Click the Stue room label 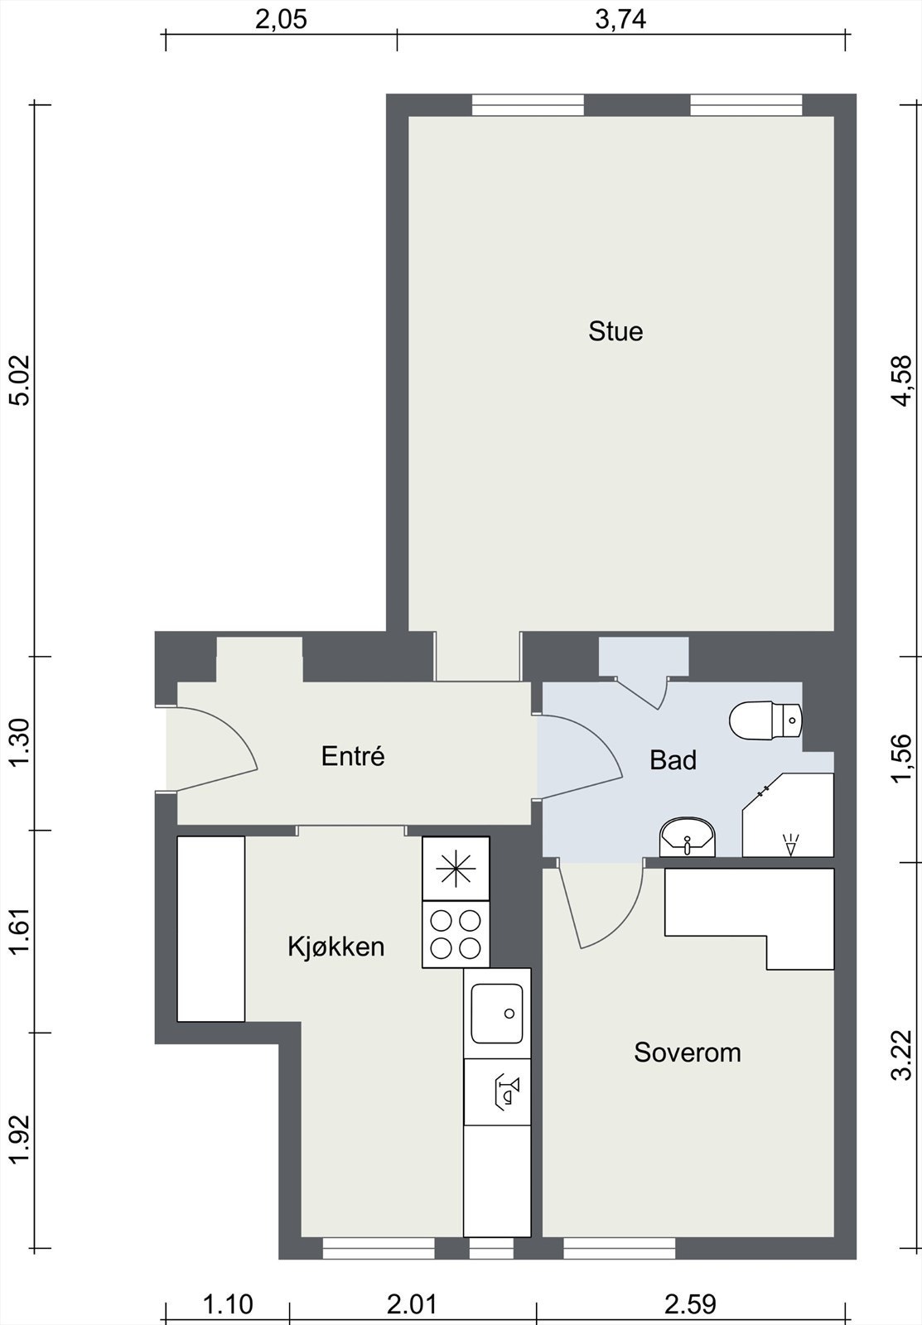615,331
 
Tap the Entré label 353,756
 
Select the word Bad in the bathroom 673,759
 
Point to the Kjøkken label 336,946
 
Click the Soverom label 687,1053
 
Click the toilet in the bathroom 765,720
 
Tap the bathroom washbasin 687,837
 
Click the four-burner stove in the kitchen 456,934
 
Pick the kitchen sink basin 497,1013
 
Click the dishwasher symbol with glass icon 497,1091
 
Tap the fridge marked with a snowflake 456,868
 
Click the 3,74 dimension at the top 620,19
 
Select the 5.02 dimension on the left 18,379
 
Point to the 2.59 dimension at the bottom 690,1305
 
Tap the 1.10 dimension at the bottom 228,1305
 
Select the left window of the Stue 528,105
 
